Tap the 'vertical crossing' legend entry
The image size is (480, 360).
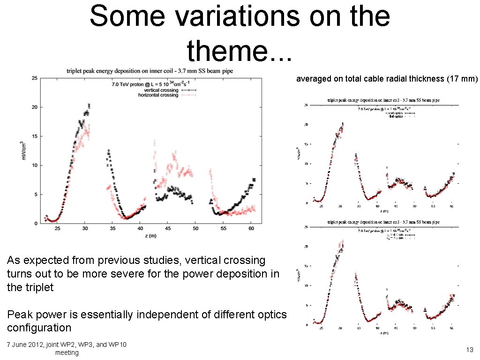coord(161,90)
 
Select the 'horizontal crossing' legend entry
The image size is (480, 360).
coord(158,95)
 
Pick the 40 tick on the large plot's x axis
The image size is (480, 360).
coord(140,229)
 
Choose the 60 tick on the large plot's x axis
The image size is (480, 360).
coord(251,229)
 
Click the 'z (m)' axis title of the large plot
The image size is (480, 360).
coord(150,236)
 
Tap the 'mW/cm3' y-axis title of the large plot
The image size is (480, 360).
coord(24,150)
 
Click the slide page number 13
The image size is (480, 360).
coord(470,350)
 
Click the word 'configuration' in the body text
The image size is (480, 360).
coord(39,327)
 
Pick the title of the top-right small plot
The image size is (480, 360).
coord(383,100)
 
